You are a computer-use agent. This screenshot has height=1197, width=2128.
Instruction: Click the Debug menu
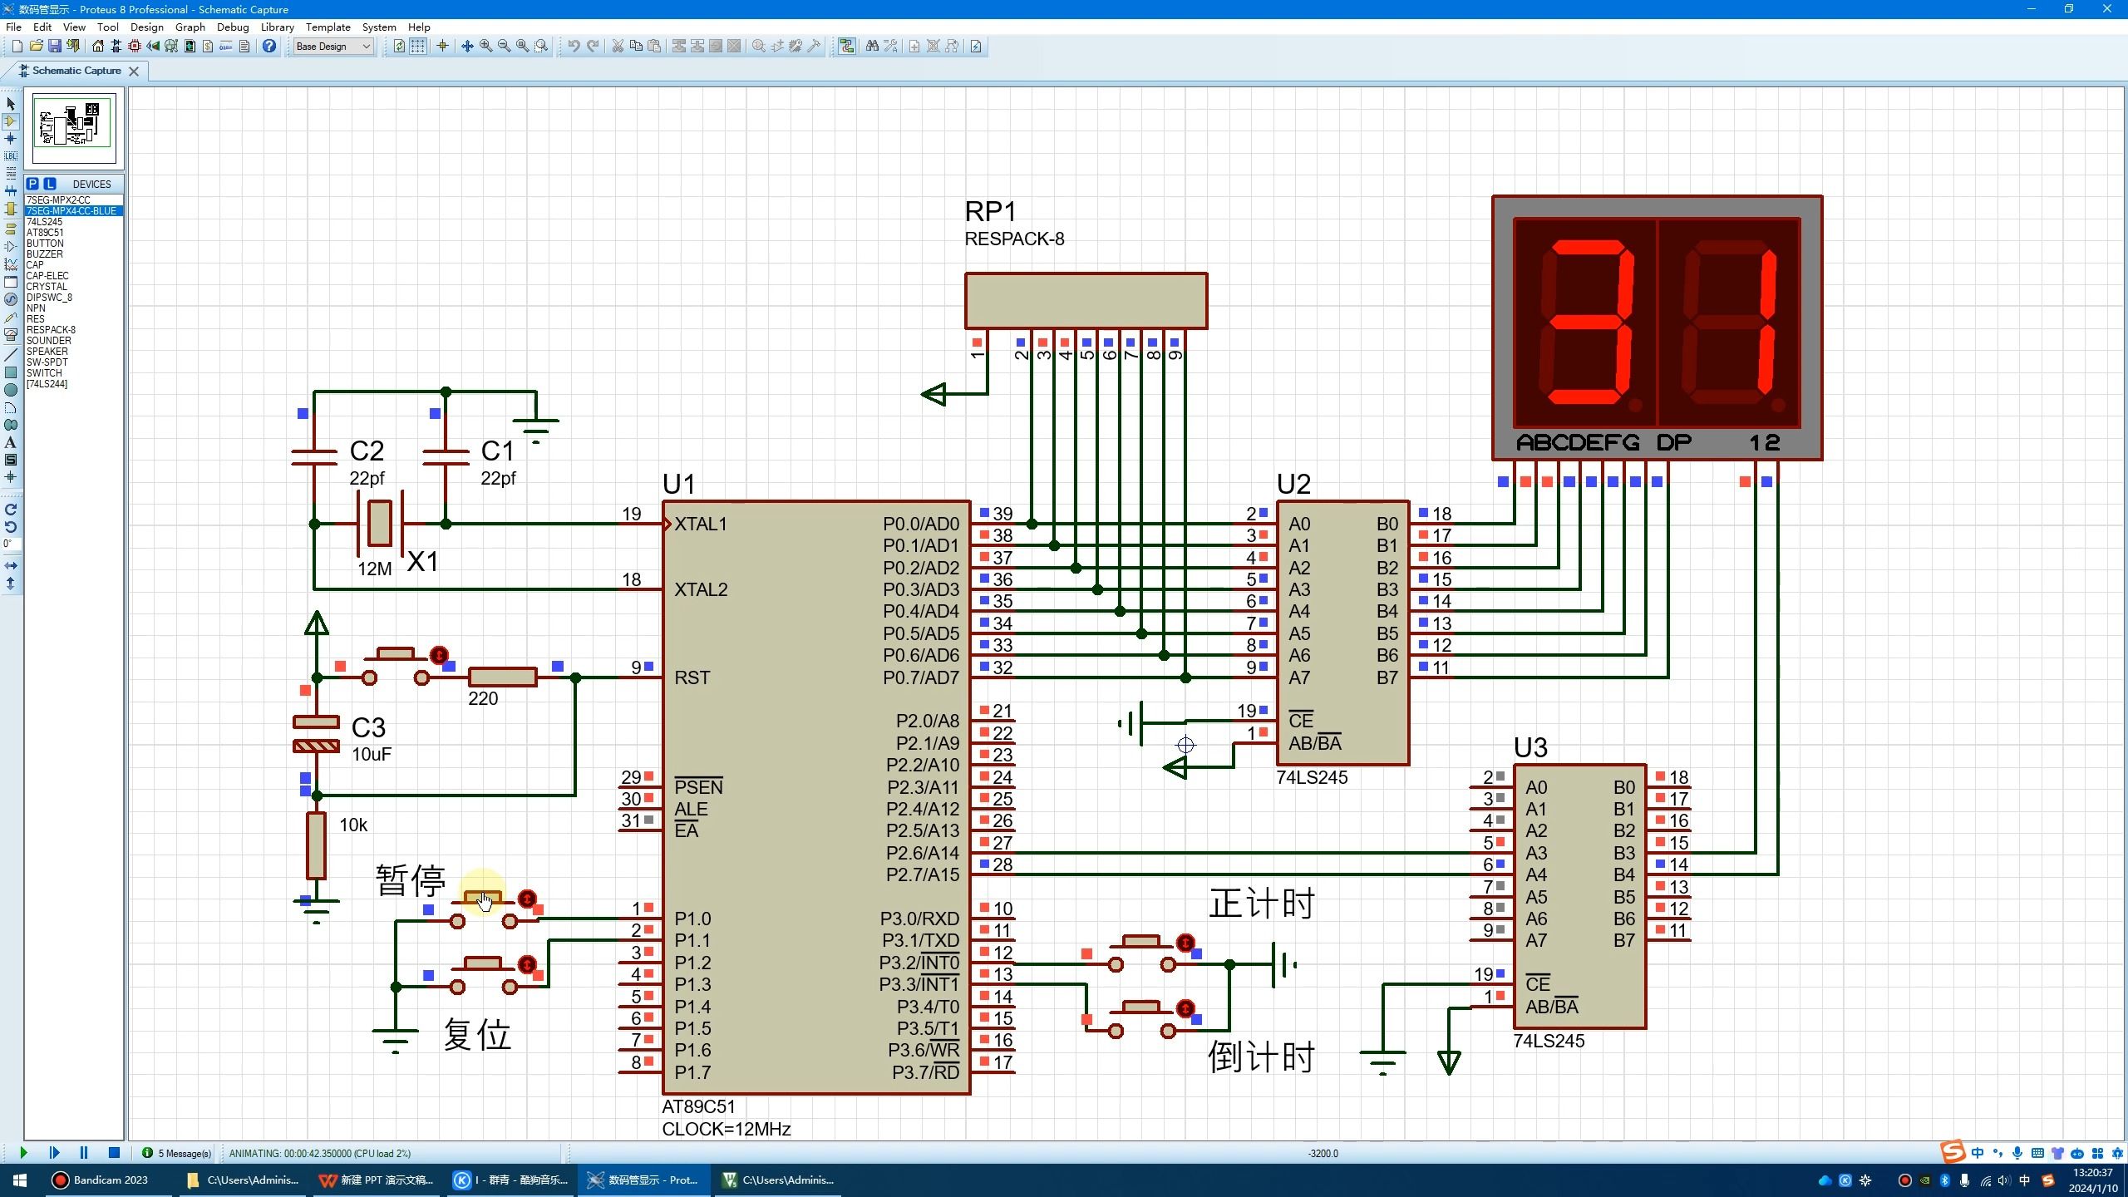(x=233, y=27)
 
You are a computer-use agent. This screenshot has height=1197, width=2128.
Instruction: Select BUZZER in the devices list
(x=44, y=254)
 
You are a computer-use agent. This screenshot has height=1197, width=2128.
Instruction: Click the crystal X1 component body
(x=380, y=523)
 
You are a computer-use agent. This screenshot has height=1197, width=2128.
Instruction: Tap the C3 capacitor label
(x=368, y=727)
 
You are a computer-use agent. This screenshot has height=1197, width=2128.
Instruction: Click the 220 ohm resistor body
(x=502, y=677)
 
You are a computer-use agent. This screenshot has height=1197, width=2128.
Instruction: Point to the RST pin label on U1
(x=692, y=677)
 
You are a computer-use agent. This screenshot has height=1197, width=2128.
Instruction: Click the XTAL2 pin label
(x=700, y=589)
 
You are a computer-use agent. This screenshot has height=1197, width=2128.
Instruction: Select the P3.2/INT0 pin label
(x=919, y=963)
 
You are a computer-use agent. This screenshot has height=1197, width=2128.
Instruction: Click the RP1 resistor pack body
(x=1086, y=301)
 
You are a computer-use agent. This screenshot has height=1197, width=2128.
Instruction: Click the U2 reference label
(x=1293, y=484)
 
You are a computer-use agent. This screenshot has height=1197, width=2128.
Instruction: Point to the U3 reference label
(x=1530, y=747)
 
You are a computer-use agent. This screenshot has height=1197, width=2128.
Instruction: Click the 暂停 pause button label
(x=411, y=879)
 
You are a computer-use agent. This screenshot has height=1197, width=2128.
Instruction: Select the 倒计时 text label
(x=1261, y=1057)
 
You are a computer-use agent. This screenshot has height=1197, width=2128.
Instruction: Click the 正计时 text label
(x=1261, y=904)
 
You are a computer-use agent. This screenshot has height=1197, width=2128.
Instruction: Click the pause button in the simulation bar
(x=84, y=1153)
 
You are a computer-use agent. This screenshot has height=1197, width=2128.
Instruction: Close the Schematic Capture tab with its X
(x=134, y=71)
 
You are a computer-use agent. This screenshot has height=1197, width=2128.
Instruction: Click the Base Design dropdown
(x=333, y=47)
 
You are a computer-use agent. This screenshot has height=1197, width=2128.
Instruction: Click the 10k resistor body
(x=316, y=845)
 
